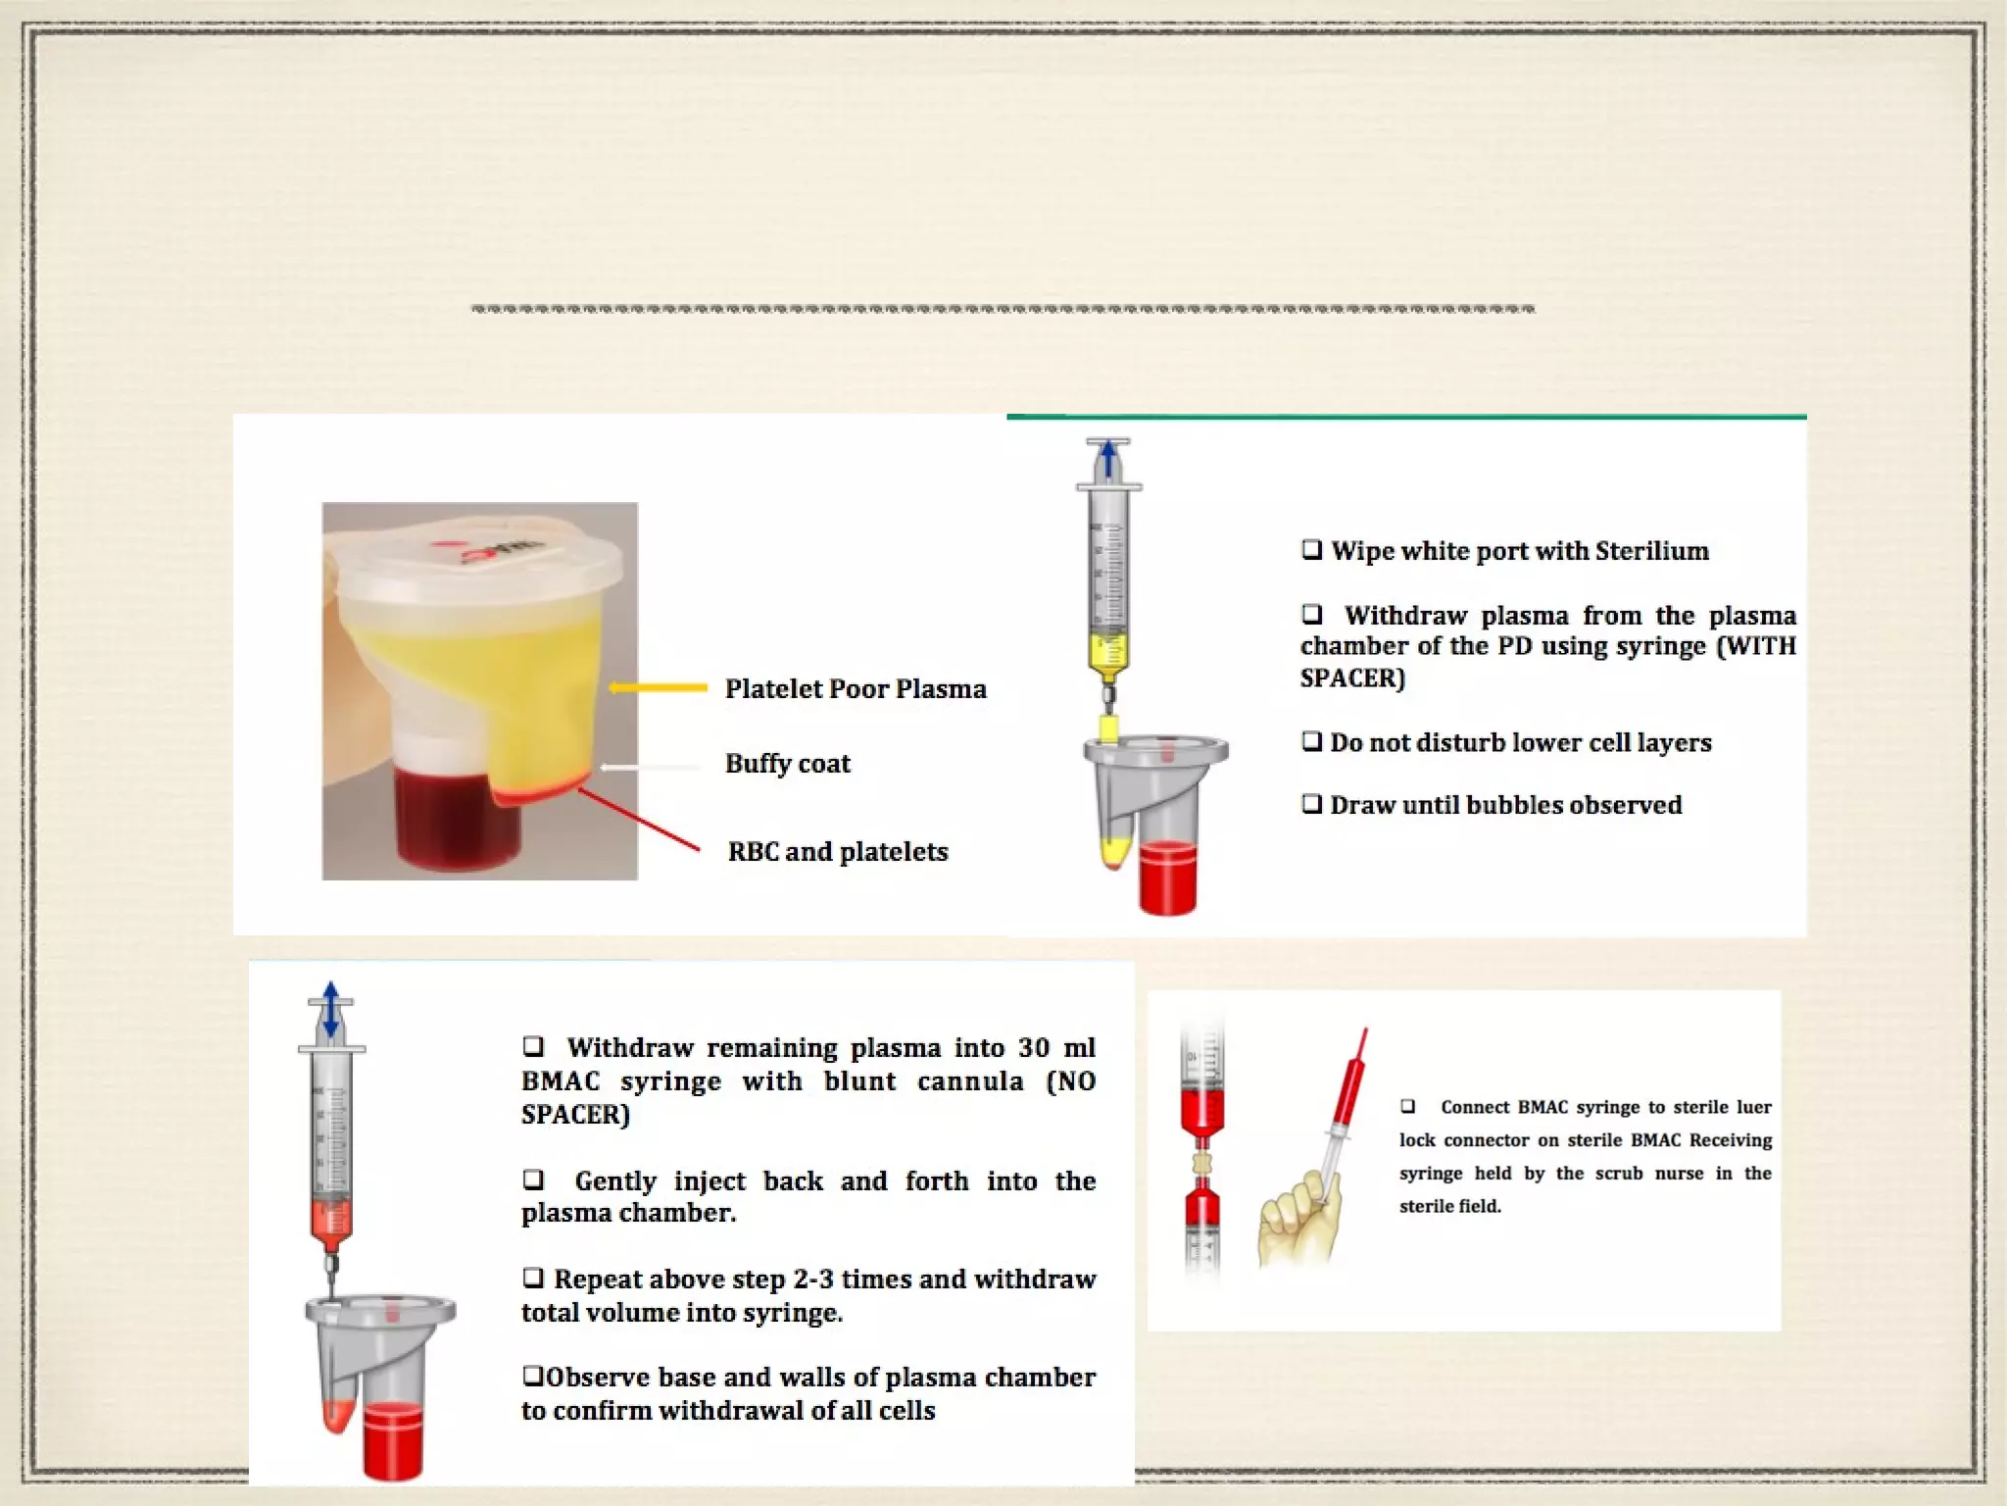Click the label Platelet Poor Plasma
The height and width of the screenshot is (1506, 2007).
click(856, 689)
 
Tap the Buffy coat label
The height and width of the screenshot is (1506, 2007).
click(788, 764)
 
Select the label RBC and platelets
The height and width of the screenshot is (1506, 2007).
click(838, 851)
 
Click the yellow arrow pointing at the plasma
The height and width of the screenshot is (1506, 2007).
click(658, 688)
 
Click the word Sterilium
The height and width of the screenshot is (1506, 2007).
click(1652, 551)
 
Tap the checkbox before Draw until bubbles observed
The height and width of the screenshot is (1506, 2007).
click(1311, 805)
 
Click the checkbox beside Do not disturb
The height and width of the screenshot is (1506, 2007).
click(1311, 742)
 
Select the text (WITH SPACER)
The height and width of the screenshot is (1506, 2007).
click(1548, 662)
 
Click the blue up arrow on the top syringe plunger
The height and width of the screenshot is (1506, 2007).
click(1108, 459)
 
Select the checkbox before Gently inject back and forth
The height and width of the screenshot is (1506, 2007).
click(533, 1179)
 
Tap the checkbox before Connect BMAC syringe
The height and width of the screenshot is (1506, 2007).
click(1407, 1107)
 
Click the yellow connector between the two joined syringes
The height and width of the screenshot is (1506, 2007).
click(1202, 1165)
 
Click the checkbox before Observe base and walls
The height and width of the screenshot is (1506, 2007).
click(532, 1377)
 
